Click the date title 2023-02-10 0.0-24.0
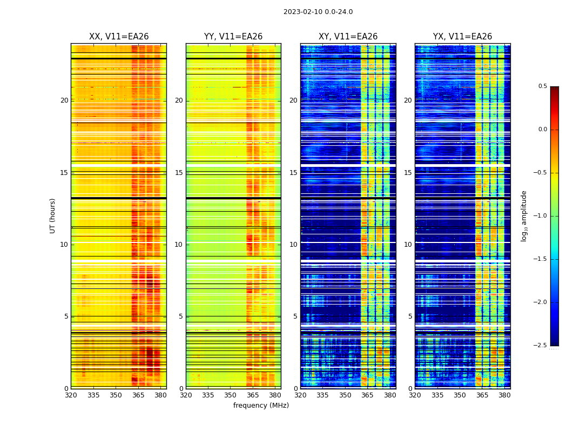coord(318,12)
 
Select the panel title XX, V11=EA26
coord(119,37)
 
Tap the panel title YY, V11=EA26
coord(233,37)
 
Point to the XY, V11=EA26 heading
coord(348,37)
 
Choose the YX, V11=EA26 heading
coord(462,37)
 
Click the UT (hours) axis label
coord(53,215)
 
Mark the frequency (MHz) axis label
coord(261,406)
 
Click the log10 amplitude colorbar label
coord(524,215)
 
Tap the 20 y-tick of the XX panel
coord(64,100)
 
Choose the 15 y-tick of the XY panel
coord(293,173)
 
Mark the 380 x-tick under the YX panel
coord(504,395)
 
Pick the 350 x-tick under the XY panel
coord(345,395)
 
